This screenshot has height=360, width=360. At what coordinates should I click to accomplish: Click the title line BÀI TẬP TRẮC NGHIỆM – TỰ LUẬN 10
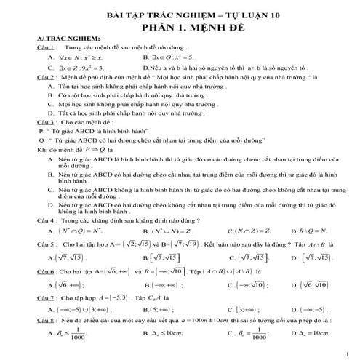pos(180,14)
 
